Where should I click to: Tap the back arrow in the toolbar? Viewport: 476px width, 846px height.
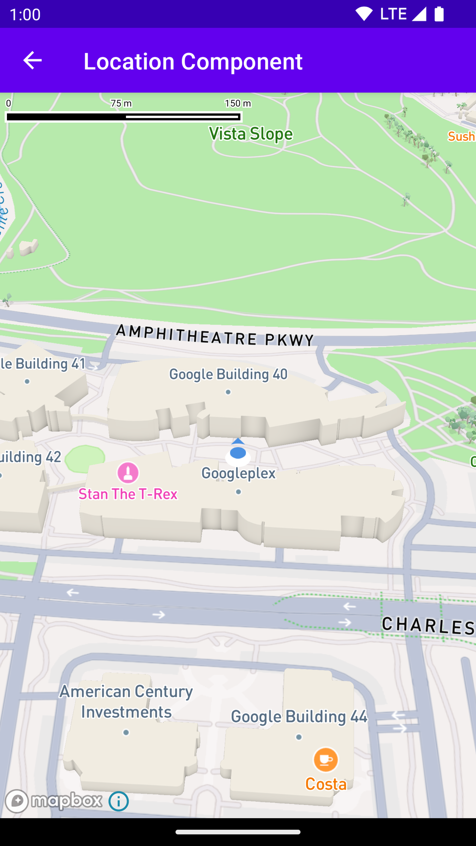point(33,60)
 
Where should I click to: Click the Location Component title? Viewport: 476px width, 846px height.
point(193,61)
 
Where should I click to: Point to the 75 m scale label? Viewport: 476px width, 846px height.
point(121,103)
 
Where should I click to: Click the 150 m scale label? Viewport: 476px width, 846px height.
point(238,103)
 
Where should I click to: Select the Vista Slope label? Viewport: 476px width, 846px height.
point(250,134)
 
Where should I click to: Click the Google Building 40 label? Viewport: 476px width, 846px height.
point(228,374)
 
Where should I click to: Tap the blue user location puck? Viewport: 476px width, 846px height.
point(238,452)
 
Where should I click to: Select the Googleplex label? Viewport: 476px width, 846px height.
point(238,473)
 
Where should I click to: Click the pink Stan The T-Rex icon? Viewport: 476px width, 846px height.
point(128,472)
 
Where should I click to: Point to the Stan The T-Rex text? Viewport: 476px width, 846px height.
point(128,494)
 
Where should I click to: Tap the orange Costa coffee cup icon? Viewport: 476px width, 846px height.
point(326,759)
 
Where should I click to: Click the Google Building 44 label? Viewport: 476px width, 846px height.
point(299,717)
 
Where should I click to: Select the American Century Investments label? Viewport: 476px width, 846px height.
point(126,702)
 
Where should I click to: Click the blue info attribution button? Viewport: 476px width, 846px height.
point(119,801)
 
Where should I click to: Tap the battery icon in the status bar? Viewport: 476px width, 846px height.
point(439,14)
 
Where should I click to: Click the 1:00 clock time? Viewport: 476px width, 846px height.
point(25,14)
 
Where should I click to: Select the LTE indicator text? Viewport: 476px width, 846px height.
point(393,14)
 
